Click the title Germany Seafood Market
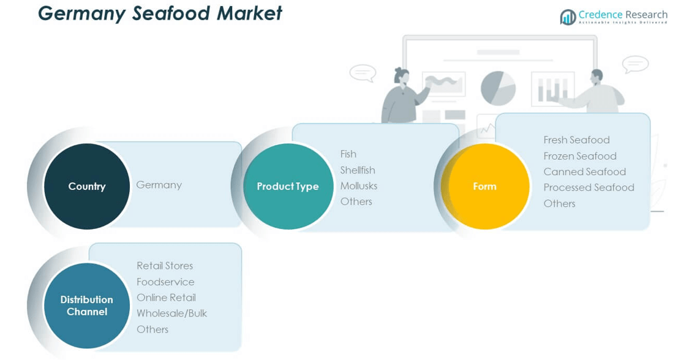(160, 13)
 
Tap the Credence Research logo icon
(568, 17)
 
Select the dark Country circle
(87, 187)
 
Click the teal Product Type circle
(288, 187)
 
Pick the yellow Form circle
(485, 187)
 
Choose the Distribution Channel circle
(87, 306)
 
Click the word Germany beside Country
(159, 185)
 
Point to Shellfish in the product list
(358, 170)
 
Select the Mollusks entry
(359, 186)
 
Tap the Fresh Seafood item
(576, 140)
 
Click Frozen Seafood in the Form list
(580, 156)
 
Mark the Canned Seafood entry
(585, 172)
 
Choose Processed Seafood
(589, 187)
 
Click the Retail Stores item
(165, 266)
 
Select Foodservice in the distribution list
(165, 282)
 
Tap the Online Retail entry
(166, 298)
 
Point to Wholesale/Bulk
(172, 313)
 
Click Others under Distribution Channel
(152, 329)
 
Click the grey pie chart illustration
(499, 88)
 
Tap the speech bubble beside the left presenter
(363, 73)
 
